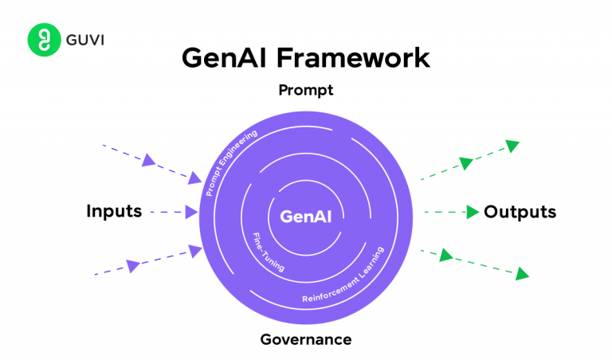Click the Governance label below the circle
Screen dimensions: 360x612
coord(305,340)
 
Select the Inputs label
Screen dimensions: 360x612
coord(114,212)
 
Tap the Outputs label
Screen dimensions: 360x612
coord(520,212)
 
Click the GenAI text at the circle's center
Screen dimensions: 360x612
coord(305,215)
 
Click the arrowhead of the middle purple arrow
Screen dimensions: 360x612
coord(191,212)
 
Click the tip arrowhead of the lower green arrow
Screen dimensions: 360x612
coord(522,275)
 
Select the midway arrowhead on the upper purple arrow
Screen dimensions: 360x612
coord(148,160)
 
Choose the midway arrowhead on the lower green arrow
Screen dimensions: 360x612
coord(445,255)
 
